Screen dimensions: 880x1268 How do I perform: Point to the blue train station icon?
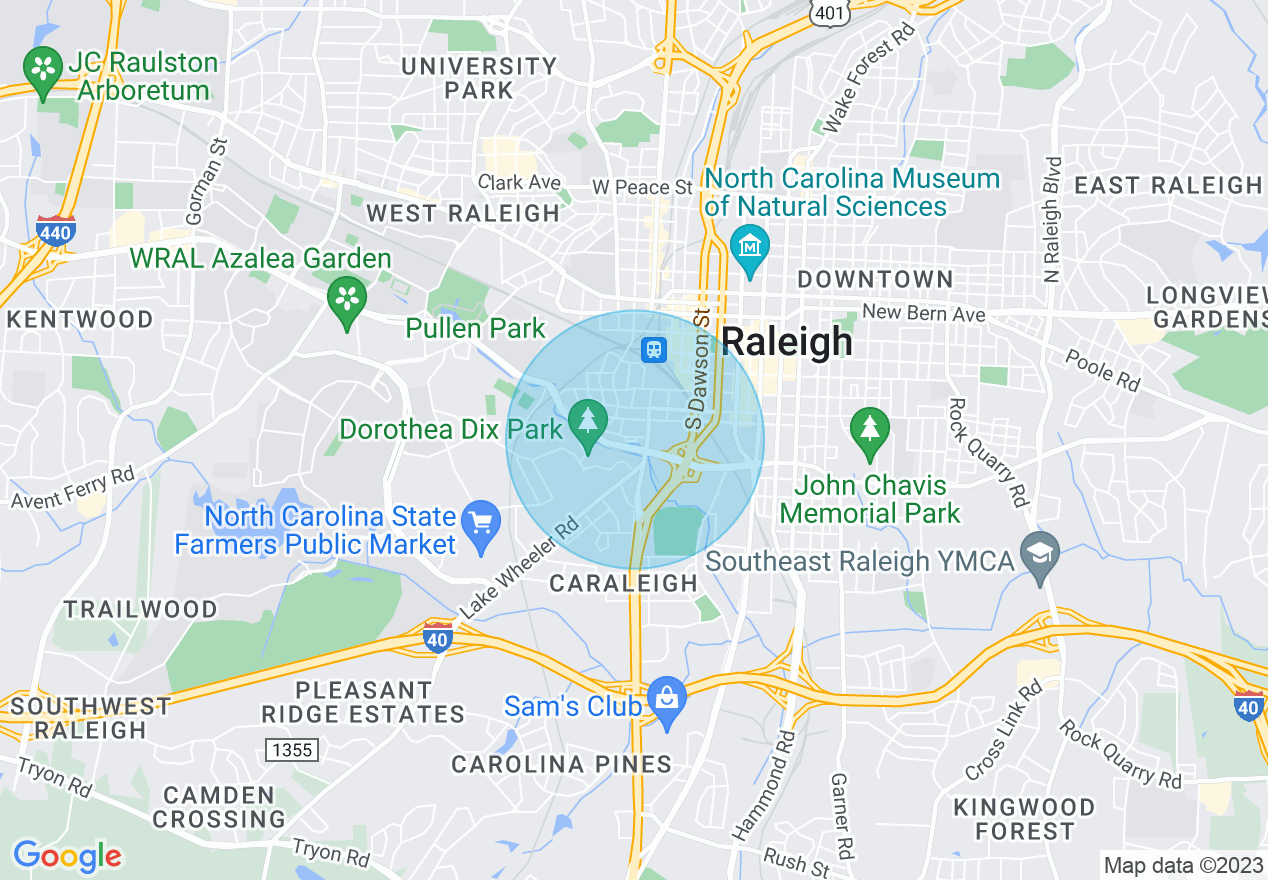coord(654,349)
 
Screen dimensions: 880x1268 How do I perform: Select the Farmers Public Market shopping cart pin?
coord(482,525)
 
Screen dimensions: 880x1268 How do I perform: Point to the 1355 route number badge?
coord(291,749)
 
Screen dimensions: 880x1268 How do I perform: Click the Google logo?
coord(67,856)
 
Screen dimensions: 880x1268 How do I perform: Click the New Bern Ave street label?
coord(923,314)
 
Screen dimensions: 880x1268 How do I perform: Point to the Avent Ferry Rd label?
coord(72,487)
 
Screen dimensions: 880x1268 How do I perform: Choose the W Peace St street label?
coord(641,187)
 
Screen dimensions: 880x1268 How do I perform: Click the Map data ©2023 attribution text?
coord(1181,865)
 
